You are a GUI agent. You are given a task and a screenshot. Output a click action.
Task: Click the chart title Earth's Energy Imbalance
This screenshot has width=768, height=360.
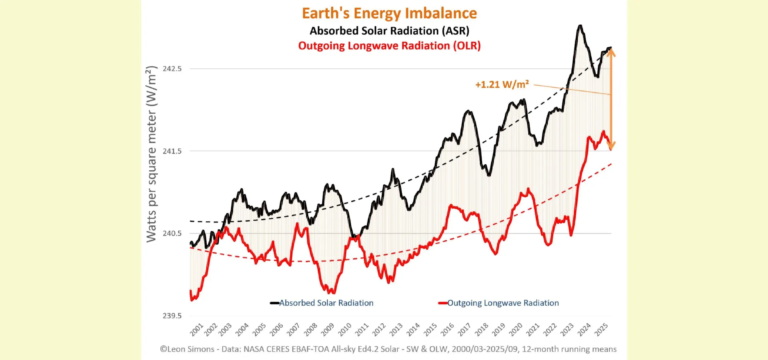[384, 13]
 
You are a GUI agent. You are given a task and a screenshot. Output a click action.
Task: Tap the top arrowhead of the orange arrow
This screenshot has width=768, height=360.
[611, 53]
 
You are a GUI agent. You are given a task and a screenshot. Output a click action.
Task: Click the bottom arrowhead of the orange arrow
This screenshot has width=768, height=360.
[611, 146]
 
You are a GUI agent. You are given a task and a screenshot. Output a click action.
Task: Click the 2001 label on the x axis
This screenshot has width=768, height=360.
[197, 329]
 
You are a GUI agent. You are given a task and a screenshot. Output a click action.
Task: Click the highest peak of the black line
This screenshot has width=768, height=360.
[579, 26]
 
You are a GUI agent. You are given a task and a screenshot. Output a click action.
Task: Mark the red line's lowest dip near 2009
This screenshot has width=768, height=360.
[329, 291]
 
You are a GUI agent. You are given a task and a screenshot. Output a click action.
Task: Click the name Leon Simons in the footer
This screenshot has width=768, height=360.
[225, 348]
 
